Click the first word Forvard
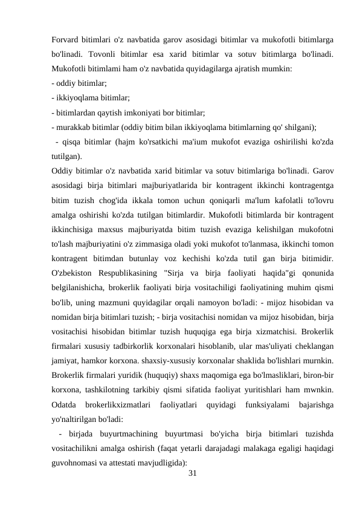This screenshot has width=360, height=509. [x=67, y=39]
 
